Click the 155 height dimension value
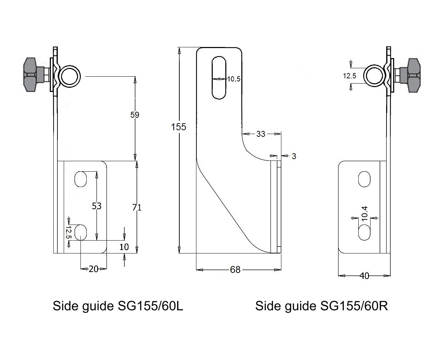(x=179, y=127)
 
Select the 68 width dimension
(x=235, y=269)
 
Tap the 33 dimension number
(x=261, y=134)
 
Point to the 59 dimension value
(x=134, y=115)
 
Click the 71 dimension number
(x=137, y=207)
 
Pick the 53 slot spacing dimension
(x=96, y=206)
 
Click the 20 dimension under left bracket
(x=93, y=269)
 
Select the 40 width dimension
(x=364, y=276)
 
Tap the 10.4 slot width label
(x=364, y=213)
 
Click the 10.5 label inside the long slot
(x=234, y=79)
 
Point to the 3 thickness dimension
(x=294, y=156)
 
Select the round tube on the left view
(x=69, y=76)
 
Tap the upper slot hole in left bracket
(x=80, y=179)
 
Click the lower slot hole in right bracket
(x=365, y=232)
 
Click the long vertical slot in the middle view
(x=219, y=77)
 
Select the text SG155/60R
(x=354, y=306)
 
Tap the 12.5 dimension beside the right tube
(x=349, y=76)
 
